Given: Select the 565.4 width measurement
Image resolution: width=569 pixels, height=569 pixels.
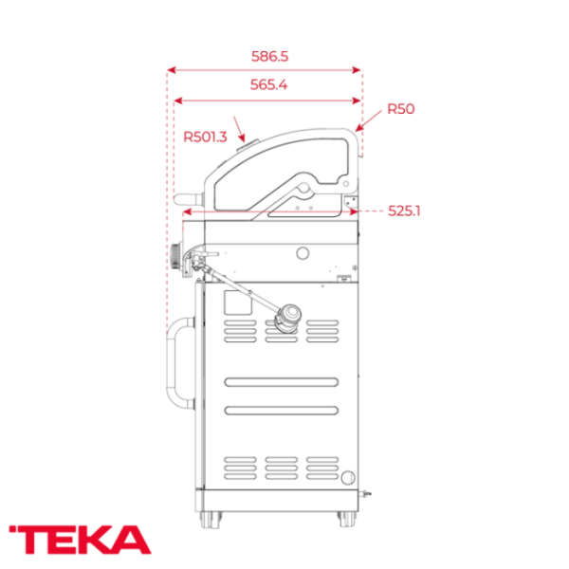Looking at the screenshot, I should tap(269, 85).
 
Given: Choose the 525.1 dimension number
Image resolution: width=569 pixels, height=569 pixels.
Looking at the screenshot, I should tap(404, 211).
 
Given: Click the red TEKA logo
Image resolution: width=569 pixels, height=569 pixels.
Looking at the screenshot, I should tap(80, 539).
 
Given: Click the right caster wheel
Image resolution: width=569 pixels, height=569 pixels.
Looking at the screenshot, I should tap(343, 518).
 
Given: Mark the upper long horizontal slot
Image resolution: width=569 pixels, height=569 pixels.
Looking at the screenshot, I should tap(283, 382).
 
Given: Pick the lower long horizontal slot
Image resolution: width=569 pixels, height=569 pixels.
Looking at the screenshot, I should tap(283, 411).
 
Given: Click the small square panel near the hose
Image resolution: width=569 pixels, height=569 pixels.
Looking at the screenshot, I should tap(233, 301).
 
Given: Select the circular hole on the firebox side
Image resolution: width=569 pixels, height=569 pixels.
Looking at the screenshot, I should tap(303, 253).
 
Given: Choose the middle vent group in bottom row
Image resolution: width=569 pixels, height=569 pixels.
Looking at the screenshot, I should tap(283, 468).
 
